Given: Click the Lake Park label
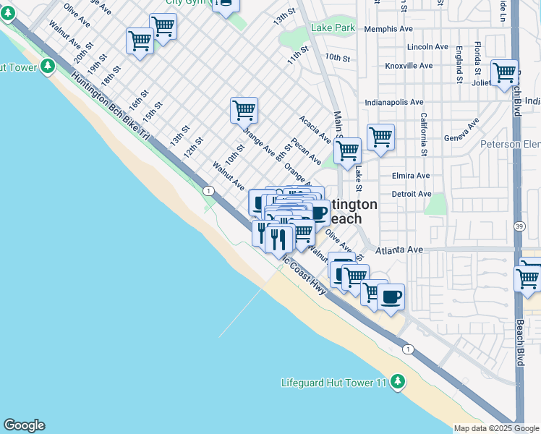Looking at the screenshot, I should tap(333, 28).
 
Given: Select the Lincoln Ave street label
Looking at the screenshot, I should tap(428, 47).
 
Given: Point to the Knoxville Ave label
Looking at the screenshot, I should tap(409, 66).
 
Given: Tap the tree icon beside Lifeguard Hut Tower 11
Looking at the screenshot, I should tap(397, 382).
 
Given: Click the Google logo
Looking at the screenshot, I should tap(23, 425).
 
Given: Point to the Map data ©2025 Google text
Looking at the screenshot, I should tap(496, 428).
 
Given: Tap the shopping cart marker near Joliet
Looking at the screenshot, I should tap(504, 73).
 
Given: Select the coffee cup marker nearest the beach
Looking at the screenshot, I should tap(391, 297).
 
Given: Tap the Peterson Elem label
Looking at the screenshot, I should tap(511, 145).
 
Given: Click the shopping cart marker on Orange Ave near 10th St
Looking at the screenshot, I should tap(244, 111).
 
